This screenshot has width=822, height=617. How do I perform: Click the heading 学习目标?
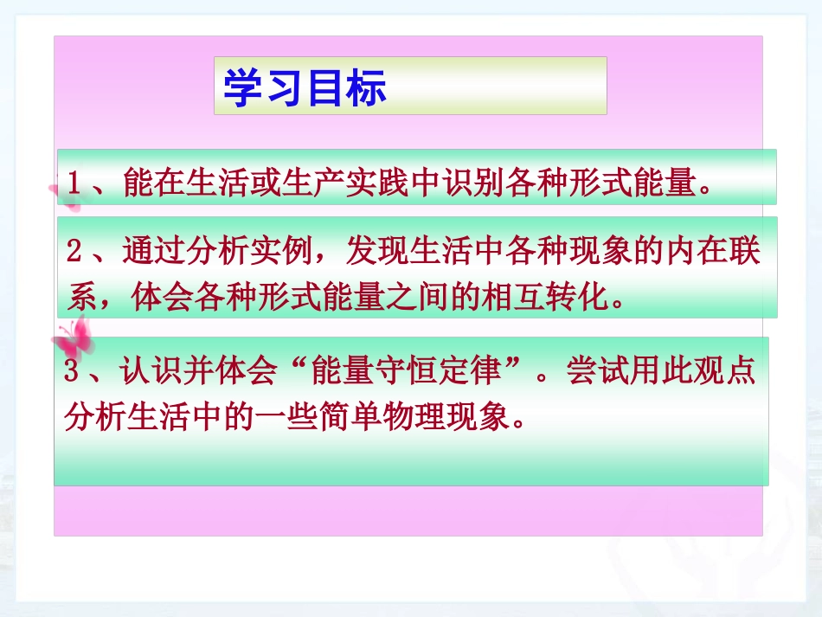tap(305, 87)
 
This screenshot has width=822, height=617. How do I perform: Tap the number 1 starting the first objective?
tap(74, 183)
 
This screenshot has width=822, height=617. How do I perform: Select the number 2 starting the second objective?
tap(74, 253)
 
